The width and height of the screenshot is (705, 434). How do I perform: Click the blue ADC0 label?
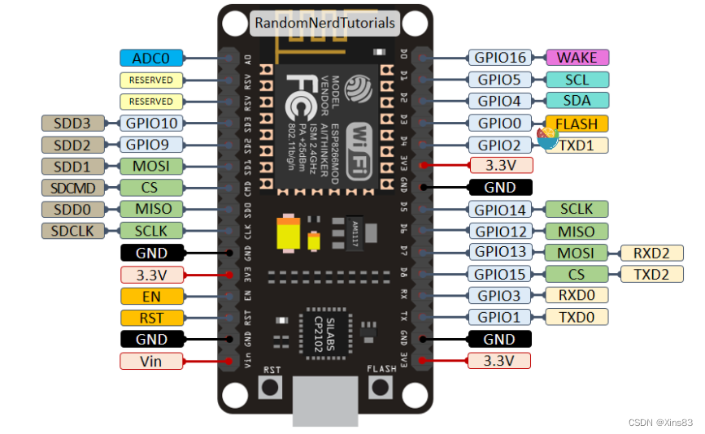click(151, 58)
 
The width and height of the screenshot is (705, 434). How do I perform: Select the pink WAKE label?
click(577, 58)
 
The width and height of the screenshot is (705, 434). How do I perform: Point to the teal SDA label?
click(577, 101)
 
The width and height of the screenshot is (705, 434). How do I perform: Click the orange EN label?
click(151, 296)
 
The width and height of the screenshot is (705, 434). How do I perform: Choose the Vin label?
click(151, 361)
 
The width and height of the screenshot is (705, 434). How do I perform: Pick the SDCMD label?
click(72, 188)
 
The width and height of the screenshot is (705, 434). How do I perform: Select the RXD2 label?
click(651, 253)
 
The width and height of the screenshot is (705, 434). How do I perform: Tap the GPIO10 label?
click(151, 123)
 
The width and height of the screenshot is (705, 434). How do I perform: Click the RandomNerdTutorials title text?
click(324, 23)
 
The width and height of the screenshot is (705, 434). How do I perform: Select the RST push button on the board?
click(271, 387)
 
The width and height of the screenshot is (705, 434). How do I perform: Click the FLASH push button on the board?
click(381, 387)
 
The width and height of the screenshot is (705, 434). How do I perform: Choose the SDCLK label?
click(72, 231)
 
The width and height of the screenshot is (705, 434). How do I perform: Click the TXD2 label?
click(651, 274)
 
